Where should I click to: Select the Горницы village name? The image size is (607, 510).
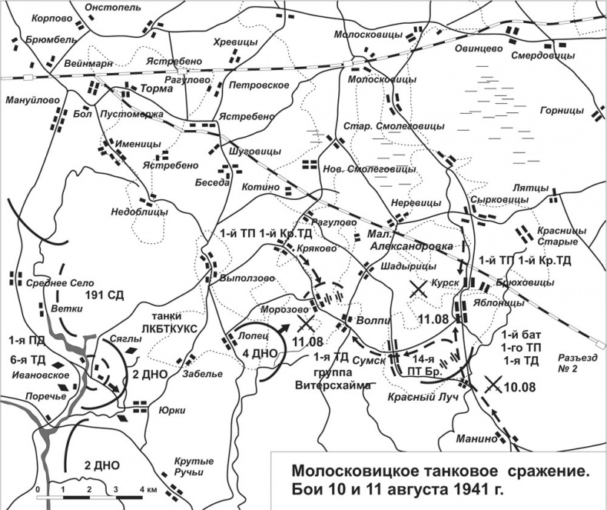(x=559, y=109)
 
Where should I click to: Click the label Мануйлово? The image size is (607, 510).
(x=27, y=99)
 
